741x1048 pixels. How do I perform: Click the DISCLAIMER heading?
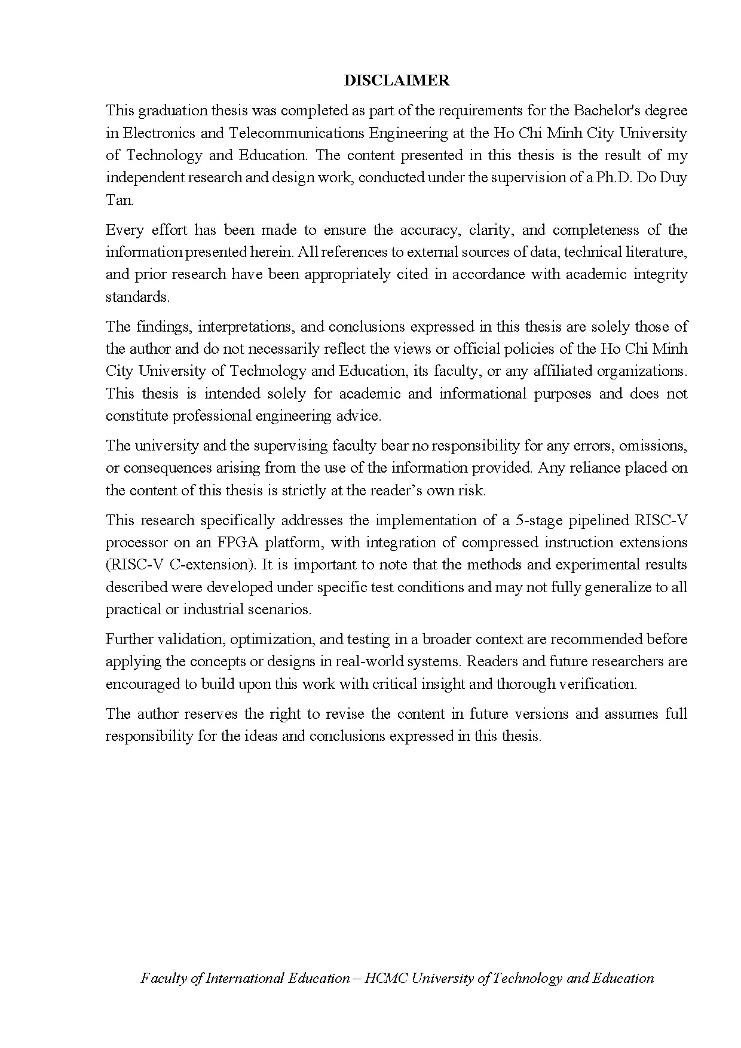(396, 81)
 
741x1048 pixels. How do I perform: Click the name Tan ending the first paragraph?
(119, 200)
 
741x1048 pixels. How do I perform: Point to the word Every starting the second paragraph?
(124, 230)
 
